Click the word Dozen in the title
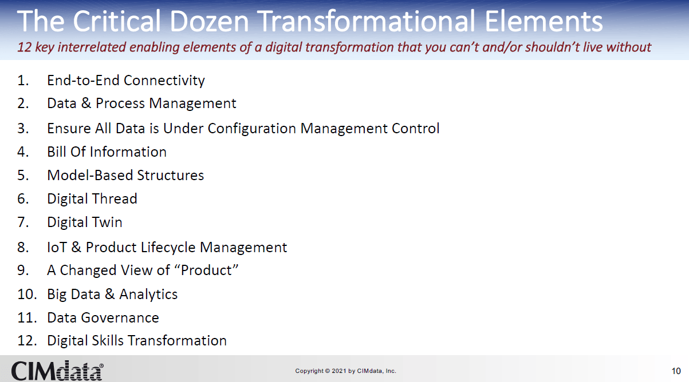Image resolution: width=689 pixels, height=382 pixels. click(209, 21)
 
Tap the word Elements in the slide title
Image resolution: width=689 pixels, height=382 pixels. click(544, 21)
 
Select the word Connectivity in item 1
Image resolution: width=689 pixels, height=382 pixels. click(164, 81)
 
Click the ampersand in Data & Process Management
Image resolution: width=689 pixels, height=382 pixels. click(86, 103)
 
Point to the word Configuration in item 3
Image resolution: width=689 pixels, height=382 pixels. click(251, 129)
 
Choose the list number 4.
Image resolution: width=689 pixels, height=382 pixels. click(23, 152)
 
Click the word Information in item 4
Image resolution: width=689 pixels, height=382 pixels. click(128, 152)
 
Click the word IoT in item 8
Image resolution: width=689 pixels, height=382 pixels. click(57, 247)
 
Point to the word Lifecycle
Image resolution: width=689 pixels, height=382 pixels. click(168, 248)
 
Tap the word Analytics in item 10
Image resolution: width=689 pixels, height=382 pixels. click(148, 295)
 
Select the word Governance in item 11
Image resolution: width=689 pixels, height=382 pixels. click(120, 318)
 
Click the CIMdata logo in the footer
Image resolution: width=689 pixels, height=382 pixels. click(57, 371)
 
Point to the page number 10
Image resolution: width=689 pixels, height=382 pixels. click(676, 371)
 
